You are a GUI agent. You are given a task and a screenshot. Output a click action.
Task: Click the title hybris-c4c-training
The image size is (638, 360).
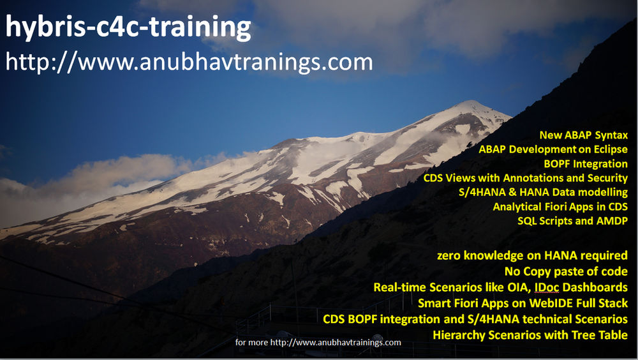[x=128, y=27]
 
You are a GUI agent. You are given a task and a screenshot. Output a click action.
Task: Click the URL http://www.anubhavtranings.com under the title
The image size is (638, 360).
[x=189, y=62]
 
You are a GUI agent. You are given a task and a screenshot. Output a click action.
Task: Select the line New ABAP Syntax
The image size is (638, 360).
[x=583, y=135]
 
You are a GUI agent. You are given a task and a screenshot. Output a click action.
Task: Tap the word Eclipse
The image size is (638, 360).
[x=609, y=150]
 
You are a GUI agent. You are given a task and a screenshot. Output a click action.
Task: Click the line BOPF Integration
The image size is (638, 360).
[x=585, y=164]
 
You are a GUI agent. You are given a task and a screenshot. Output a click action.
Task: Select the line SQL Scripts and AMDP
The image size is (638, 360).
[x=572, y=221]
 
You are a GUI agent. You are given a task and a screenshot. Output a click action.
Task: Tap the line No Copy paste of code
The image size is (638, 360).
[x=570, y=271]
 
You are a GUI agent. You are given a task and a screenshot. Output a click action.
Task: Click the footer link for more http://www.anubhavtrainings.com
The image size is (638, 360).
[x=318, y=343]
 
